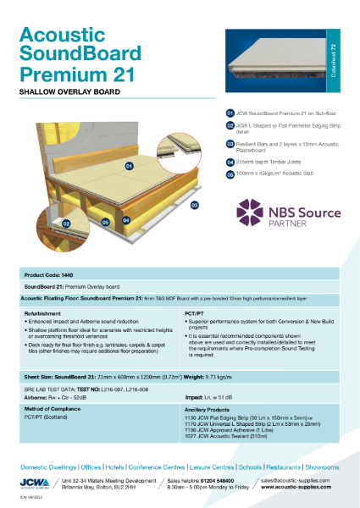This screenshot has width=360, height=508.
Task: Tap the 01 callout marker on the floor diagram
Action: tap(130, 167)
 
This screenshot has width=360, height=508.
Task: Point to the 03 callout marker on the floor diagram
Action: tap(194, 204)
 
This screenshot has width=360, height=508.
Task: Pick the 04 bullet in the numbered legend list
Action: tap(230, 161)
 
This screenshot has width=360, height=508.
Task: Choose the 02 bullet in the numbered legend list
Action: tap(230, 124)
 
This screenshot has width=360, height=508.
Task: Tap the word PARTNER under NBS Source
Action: tap(287, 225)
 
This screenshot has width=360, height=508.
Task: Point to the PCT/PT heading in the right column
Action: tap(193, 312)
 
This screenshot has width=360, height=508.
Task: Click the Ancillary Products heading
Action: tap(208, 410)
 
